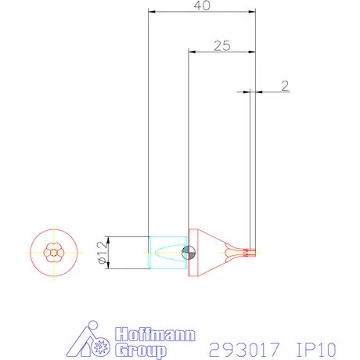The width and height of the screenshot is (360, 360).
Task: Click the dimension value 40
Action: [x=203, y=6]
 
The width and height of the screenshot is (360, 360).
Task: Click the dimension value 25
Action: [x=221, y=46]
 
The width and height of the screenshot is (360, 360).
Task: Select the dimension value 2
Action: [x=285, y=85]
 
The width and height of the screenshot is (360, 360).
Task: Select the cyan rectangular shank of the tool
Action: [x=166, y=253]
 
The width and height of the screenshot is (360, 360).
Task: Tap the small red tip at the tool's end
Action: [x=250, y=252]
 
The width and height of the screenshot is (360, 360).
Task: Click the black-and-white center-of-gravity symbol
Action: [x=187, y=252]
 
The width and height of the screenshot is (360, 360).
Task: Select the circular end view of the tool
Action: [x=54, y=252]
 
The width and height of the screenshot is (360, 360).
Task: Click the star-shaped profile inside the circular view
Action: [x=54, y=252]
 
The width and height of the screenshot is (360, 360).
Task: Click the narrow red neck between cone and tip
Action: [x=234, y=252]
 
